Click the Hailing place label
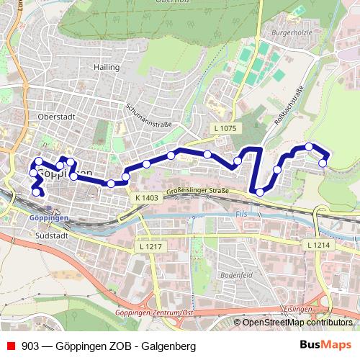(105, 67)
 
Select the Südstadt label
(52, 235)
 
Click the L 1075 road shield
(225, 128)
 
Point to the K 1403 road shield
(145, 197)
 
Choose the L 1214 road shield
(317, 246)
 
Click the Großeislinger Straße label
(197, 192)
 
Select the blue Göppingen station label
(50, 217)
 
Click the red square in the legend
(11, 346)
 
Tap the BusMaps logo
(325, 346)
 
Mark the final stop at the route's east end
(323, 163)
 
